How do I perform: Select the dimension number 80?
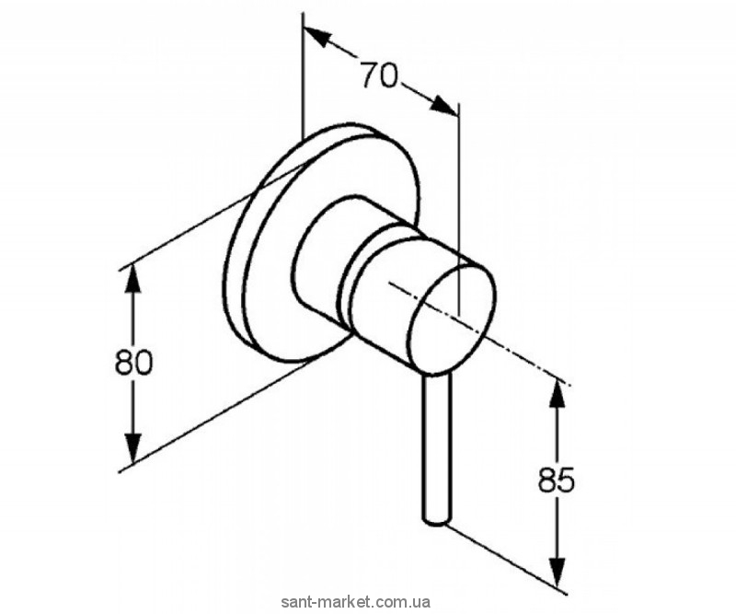point(133,363)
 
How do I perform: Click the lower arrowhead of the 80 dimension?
point(133,451)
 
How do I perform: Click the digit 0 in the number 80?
point(143,363)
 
